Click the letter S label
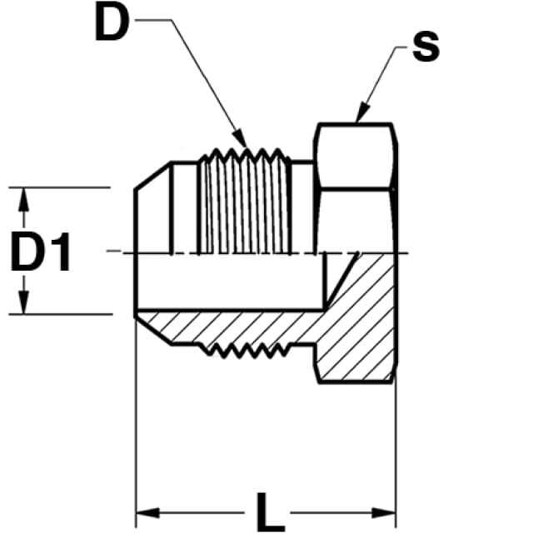click(426, 47)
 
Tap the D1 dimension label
click(41, 252)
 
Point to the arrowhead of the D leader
click(241, 138)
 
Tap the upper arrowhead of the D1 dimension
click(23, 200)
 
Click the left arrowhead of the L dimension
click(148, 513)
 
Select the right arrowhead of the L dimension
click(384, 513)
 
